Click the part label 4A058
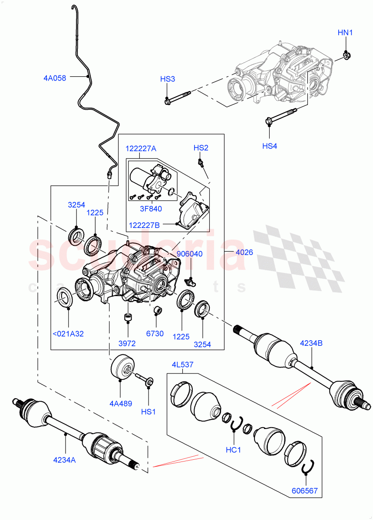point(55,78)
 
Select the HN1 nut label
point(346,33)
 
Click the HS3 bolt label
point(168,79)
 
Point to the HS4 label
point(270,146)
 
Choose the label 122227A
point(141,148)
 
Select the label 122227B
point(144,225)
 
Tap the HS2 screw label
point(201,148)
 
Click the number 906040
point(189,254)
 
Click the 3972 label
point(127,344)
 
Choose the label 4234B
point(312,344)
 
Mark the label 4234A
point(65,460)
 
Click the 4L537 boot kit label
point(182,364)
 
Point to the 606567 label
point(305,491)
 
